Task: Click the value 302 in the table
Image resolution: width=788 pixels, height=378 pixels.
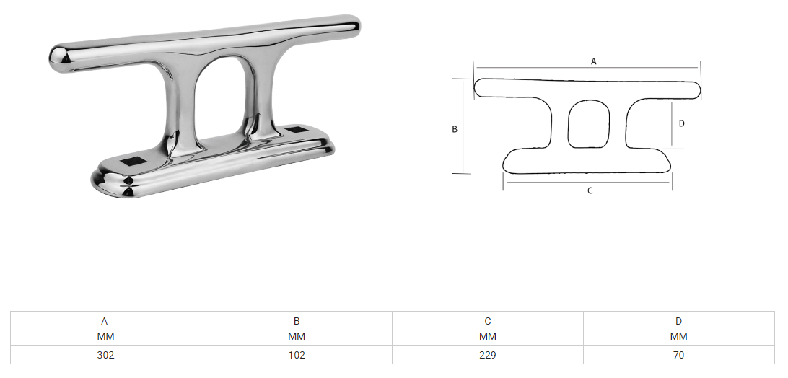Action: (105, 355)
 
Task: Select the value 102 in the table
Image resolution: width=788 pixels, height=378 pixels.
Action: (297, 355)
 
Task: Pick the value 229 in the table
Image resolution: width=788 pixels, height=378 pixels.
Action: (488, 355)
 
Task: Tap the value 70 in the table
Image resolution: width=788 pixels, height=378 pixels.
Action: (679, 355)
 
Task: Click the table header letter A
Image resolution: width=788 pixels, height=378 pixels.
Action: (105, 321)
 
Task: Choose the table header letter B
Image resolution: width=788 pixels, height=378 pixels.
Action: (297, 321)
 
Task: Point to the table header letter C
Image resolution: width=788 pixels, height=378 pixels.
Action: (488, 321)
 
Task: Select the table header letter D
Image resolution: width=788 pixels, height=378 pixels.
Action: (679, 321)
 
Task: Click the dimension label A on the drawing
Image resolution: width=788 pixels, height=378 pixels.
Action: (594, 61)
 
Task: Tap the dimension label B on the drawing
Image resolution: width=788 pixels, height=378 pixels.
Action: (455, 129)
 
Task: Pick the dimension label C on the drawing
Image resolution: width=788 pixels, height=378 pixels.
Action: (590, 191)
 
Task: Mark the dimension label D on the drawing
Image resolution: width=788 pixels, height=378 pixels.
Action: (682, 123)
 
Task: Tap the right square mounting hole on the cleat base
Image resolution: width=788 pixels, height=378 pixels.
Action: (297, 131)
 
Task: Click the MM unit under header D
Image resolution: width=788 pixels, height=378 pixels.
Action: (679, 336)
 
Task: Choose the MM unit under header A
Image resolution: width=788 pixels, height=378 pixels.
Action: (105, 336)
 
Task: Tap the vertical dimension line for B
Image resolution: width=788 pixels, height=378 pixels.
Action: (462, 126)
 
